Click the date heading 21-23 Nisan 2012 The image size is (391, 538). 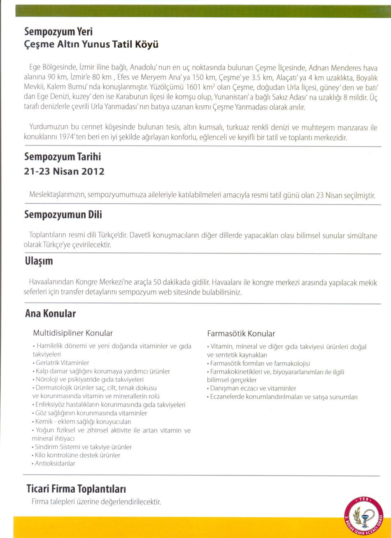[64, 171]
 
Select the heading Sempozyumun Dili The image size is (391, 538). [63, 215]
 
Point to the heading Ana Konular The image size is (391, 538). [50, 314]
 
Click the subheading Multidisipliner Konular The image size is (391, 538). [72, 332]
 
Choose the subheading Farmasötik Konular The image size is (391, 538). [241, 333]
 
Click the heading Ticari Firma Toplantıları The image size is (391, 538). [76, 489]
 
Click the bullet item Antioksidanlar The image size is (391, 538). [54, 464]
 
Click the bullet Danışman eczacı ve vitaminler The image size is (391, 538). [252, 388]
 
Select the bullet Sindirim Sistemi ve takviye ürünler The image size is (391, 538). [83, 447]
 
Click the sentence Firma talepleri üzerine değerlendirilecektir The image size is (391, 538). [96, 502]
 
